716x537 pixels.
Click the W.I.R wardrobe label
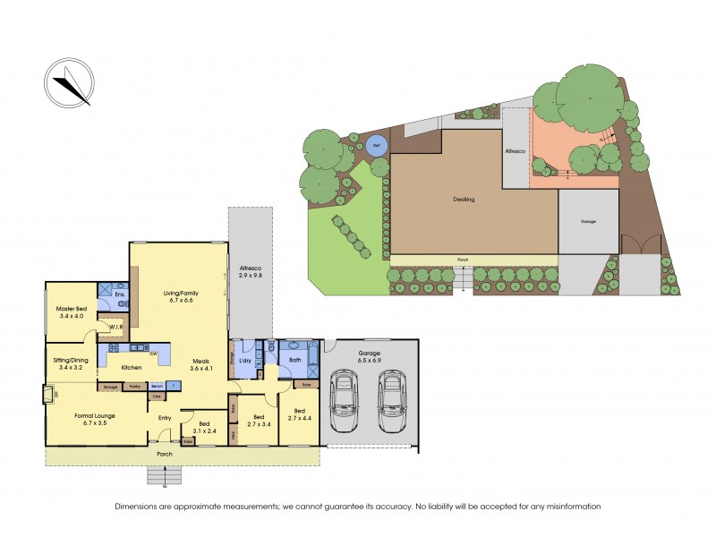pyautogui.click(x=115, y=328)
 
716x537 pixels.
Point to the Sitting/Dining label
pyautogui.click(x=70, y=363)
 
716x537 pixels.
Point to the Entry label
pyautogui.click(x=165, y=417)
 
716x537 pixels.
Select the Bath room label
pyautogui.click(x=295, y=360)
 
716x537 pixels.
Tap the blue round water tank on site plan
pyautogui.click(x=377, y=147)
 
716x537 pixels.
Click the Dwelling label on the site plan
pyautogui.click(x=463, y=200)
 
